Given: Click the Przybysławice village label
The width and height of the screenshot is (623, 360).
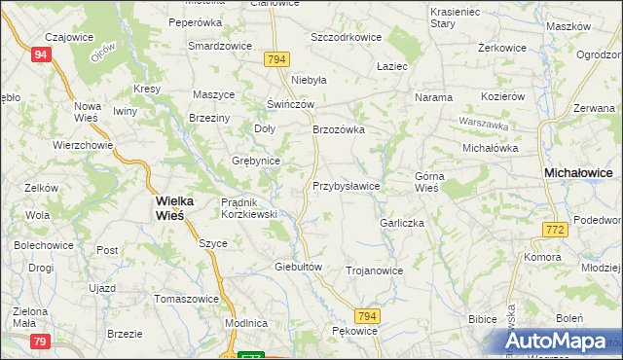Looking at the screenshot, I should pyautogui.click(x=346, y=185).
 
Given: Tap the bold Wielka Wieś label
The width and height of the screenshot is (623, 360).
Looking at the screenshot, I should pyautogui.click(x=174, y=207).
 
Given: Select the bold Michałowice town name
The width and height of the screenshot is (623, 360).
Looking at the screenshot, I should pyautogui.click(x=577, y=171).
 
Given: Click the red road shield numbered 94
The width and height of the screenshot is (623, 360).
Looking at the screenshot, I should pyautogui.click(x=40, y=55).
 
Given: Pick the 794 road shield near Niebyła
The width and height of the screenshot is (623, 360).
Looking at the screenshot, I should pyautogui.click(x=276, y=60).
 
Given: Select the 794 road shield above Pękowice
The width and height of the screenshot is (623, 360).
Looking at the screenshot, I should pyautogui.click(x=366, y=316).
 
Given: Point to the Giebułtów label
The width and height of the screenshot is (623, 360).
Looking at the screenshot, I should pyautogui.click(x=298, y=266).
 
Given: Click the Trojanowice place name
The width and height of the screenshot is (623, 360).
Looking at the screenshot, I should pyautogui.click(x=374, y=270).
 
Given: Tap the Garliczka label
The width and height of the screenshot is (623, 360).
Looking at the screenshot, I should pyautogui.click(x=402, y=222).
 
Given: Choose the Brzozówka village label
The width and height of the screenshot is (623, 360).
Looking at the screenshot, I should pyautogui.click(x=338, y=128).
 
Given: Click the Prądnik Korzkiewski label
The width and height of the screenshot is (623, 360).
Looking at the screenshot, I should pyautogui.click(x=250, y=207).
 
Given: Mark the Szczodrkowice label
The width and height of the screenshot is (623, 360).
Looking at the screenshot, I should pyautogui.click(x=346, y=37).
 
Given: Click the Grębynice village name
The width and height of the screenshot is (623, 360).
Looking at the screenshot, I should pyautogui.click(x=256, y=161).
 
